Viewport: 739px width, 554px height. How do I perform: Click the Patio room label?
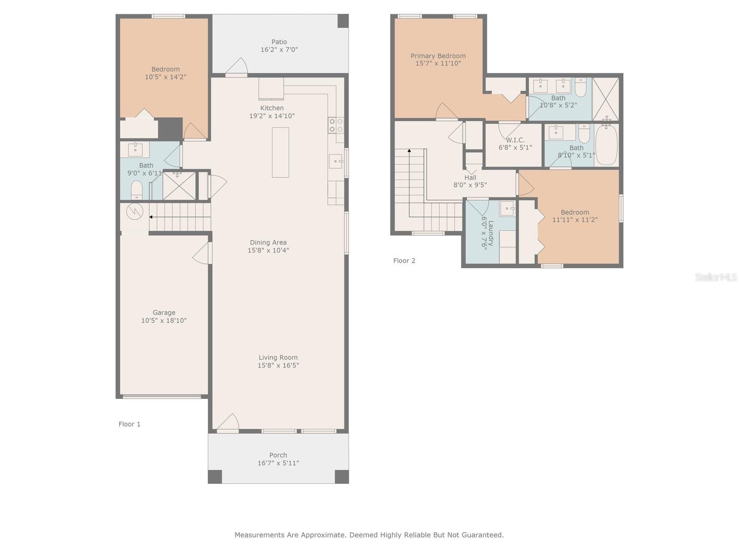point(279,42)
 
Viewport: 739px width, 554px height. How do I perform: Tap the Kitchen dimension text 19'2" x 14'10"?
point(272,116)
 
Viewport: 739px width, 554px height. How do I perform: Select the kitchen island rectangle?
point(280,152)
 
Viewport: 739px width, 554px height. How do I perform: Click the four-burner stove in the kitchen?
point(336,125)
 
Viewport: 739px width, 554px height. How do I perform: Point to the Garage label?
point(164,313)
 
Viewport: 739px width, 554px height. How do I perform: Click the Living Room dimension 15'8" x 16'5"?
point(278,365)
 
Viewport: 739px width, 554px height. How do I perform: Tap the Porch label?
point(278,455)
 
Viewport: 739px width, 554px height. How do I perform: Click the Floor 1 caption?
point(129,424)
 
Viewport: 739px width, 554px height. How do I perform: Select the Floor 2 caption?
point(404,261)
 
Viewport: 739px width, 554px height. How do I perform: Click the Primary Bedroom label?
point(438,56)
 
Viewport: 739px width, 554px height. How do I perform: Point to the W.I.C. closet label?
point(515,140)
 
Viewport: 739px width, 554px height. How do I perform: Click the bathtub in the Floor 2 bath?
point(606,145)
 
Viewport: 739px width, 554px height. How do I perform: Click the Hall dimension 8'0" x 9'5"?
point(470,185)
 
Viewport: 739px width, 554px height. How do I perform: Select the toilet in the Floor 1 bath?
point(136,190)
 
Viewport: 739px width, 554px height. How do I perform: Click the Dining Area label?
point(268,242)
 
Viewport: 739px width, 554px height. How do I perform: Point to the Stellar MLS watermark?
point(716,277)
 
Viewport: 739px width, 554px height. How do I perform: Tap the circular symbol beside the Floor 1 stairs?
point(135,211)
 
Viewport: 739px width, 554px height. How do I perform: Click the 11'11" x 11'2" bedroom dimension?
point(575,220)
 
